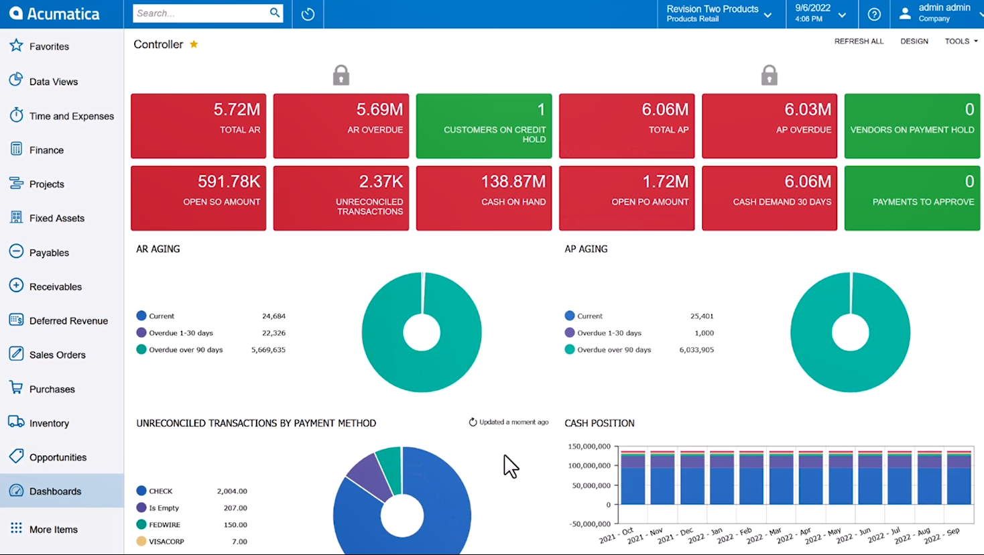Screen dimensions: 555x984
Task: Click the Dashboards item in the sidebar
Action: pyautogui.click(x=55, y=491)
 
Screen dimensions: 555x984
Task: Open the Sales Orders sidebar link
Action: pyautogui.click(x=57, y=355)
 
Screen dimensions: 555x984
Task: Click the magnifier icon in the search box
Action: pyautogui.click(x=275, y=13)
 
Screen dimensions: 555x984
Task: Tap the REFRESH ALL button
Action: pyautogui.click(x=859, y=42)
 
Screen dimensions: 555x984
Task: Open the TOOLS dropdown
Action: pyautogui.click(x=961, y=42)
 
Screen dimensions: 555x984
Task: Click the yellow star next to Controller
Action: pyautogui.click(x=194, y=44)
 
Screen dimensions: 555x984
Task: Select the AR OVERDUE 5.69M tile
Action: pyautogui.click(x=341, y=126)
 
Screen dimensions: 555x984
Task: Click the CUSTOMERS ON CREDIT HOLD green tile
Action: pyautogui.click(x=483, y=126)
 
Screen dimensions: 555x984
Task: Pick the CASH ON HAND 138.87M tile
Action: pyautogui.click(x=483, y=198)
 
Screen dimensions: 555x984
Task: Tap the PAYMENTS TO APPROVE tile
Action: pyautogui.click(x=912, y=198)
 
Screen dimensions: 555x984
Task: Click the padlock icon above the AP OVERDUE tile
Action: pyautogui.click(x=769, y=75)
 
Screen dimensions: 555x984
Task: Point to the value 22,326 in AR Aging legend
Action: pyautogui.click(x=273, y=333)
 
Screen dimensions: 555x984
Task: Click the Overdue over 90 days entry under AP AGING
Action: pyautogui.click(x=614, y=350)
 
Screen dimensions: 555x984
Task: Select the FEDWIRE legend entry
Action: pyautogui.click(x=164, y=525)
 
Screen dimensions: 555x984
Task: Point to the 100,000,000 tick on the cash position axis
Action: pyautogui.click(x=589, y=466)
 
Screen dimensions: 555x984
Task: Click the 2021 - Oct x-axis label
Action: pyautogui.click(x=617, y=535)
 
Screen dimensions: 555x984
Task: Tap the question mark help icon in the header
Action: pyautogui.click(x=874, y=14)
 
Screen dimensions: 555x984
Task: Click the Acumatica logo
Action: pyautogui.click(x=54, y=14)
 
